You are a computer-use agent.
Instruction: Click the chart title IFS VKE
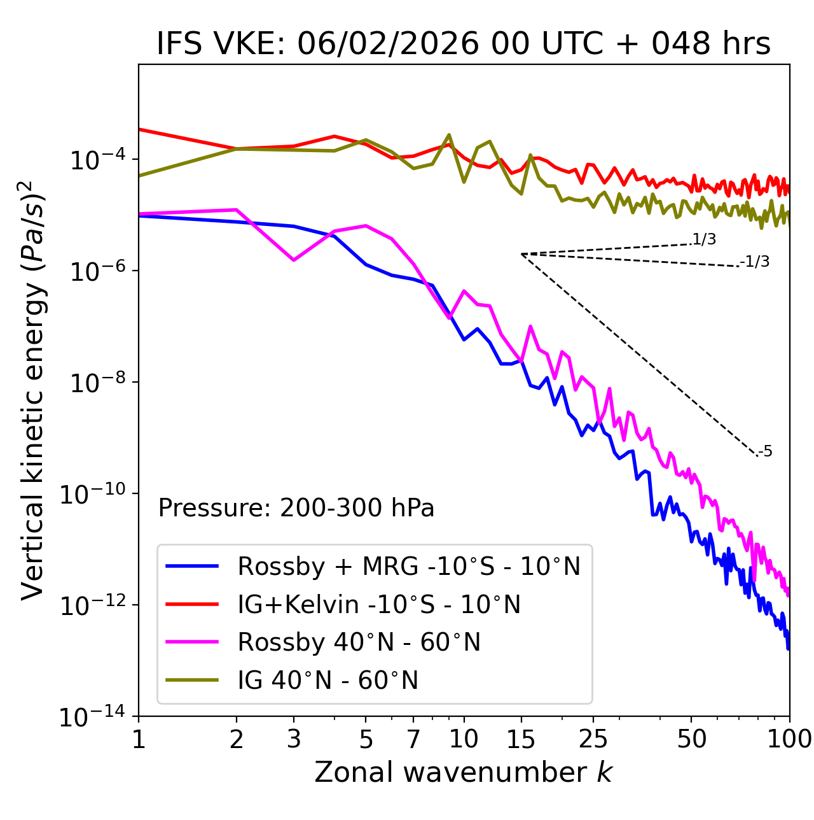tap(463, 44)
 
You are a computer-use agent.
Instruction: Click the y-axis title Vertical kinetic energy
tap(32, 390)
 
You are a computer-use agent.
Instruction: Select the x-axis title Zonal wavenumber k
tap(463, 772)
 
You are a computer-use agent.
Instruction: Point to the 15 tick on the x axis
tap(521, 739)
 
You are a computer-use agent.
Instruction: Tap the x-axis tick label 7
tap(413, 739)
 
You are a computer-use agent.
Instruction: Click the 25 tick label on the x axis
tap(593, 739)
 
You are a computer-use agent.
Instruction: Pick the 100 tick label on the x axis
tap(789, 739)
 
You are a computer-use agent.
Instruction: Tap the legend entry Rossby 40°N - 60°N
tap(359, 642)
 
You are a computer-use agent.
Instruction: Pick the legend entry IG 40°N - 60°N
tap(328, 681)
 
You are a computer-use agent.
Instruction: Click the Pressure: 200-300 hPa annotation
tap(296, 508)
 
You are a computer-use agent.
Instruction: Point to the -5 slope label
tap(765, 452)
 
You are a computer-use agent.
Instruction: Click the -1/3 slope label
tap(755, 262)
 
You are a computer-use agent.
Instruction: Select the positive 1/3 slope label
tap(704, 239)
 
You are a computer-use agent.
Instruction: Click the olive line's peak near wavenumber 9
tap(449, 135)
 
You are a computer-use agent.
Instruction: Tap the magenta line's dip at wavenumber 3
tap(294, 260)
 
